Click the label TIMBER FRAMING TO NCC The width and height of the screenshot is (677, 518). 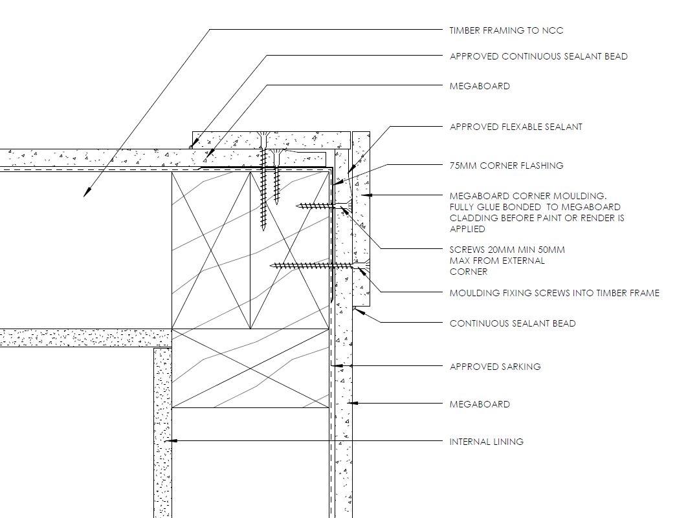(506, 30)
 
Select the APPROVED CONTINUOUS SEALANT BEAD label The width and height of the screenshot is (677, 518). (538, 56)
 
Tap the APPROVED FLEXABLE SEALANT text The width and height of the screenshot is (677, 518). (516, 127)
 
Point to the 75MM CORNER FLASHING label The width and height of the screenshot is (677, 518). (506, 166)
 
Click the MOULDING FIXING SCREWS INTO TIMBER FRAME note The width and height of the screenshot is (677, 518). (555, 294)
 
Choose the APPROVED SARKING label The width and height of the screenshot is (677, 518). (495, 367)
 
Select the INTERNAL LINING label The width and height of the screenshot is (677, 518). (487, 442)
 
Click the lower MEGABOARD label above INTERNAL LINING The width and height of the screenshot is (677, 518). (480, 404)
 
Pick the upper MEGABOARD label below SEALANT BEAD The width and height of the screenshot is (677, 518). (480, 86)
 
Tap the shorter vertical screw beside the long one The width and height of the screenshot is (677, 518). (276, 177)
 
